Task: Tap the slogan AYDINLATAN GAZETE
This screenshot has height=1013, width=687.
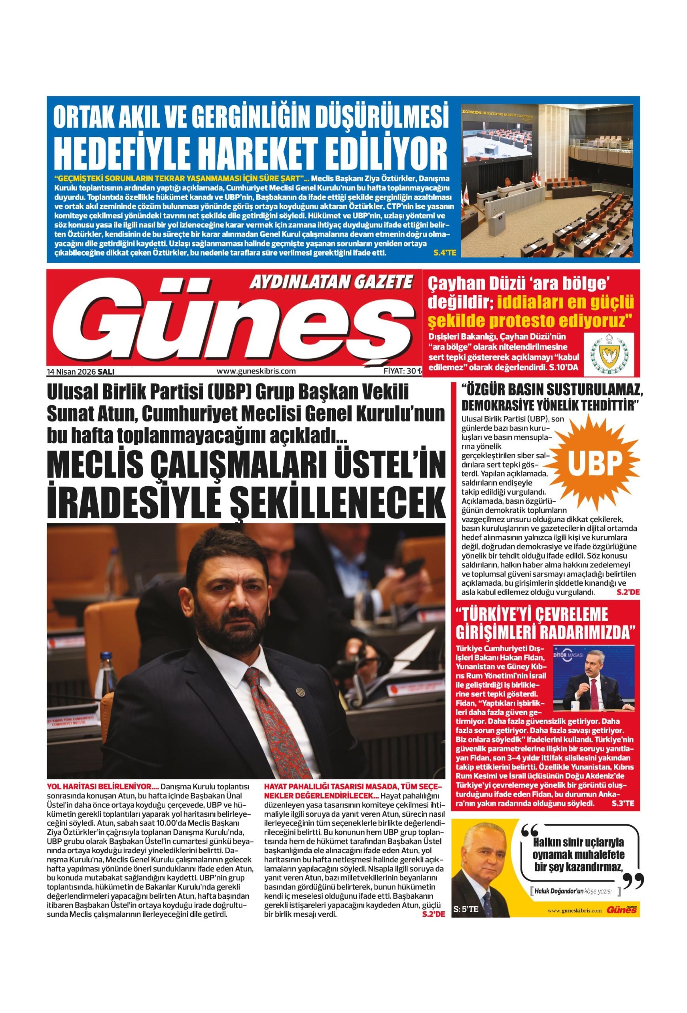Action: (331, 283)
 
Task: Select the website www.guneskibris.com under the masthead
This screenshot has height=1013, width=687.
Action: (256, 372)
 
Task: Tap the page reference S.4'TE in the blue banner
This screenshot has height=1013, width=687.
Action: (444, 253)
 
